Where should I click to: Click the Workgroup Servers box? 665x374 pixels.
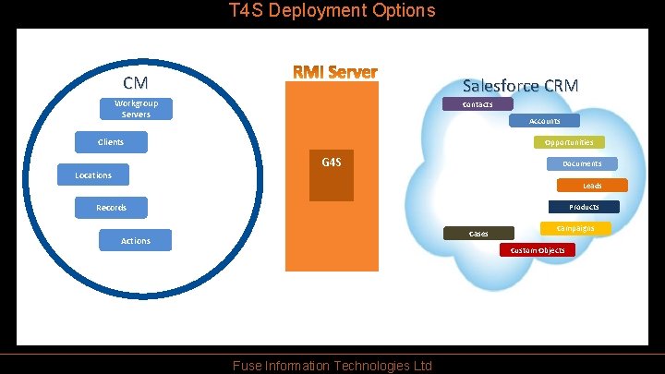pos(136,109)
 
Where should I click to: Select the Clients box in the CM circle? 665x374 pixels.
pos(111,142)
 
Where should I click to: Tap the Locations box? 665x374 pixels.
pos(93,175)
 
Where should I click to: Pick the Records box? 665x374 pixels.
pos(111,208)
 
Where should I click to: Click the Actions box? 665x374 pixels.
pos(135,240)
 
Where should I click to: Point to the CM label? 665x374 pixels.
pos(136,83)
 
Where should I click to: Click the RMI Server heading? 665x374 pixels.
pos(335,72)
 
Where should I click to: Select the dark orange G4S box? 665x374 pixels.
pos(331,175)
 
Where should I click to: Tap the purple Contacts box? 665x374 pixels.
pos(478,104)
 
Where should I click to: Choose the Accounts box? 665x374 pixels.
pos(544,121)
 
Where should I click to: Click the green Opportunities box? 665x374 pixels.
pos(569,142)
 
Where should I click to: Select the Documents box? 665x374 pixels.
pos(582,163)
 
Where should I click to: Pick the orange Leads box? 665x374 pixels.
pos(592,186)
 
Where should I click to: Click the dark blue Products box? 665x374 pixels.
pos(584,207)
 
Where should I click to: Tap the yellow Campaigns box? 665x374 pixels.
pos(575,228)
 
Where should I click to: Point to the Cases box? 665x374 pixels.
pos(478,234)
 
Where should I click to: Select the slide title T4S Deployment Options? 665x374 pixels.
pos(332,11)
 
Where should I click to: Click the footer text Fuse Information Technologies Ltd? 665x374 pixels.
pos(332,366)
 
